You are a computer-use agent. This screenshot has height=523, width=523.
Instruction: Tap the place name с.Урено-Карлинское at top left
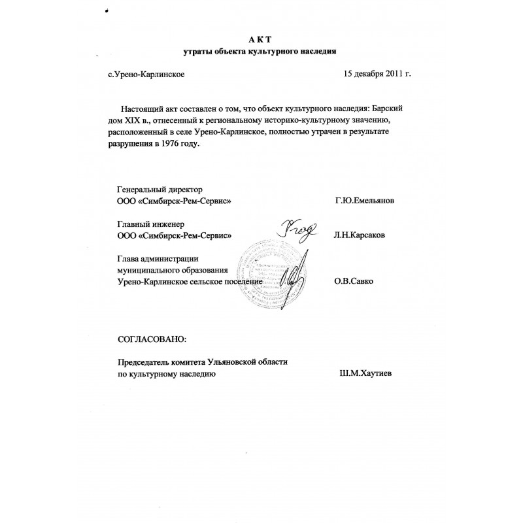(146, 75)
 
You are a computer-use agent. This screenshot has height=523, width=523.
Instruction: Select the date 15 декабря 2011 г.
(377, 75)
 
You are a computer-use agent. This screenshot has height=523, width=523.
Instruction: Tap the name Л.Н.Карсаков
(364, 235)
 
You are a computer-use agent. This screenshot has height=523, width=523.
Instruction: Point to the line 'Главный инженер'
(146, 224)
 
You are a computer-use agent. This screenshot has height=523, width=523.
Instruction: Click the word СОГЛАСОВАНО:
(151, 339)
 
